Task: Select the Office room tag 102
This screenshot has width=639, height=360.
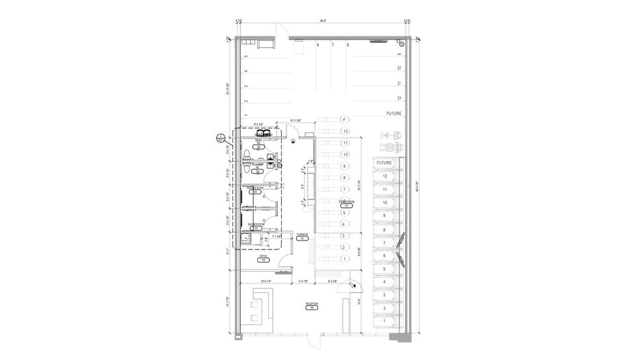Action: (x=263, y=259)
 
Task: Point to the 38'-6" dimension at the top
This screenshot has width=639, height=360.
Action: (x=322, y=21)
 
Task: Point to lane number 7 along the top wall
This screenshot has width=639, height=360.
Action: (x=332, y=45)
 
